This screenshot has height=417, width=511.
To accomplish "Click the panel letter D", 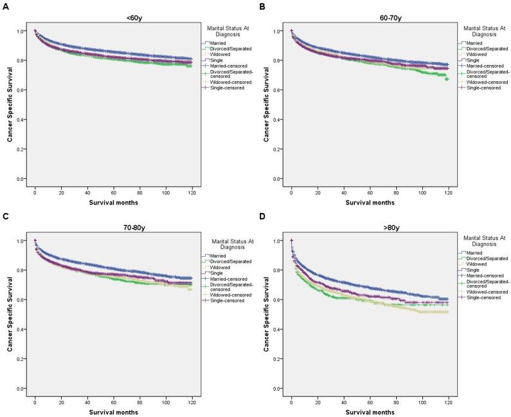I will tap(262, 216).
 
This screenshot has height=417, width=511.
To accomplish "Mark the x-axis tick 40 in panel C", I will tap(87, 402).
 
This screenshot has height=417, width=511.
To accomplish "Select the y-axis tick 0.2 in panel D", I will tap(278, 359).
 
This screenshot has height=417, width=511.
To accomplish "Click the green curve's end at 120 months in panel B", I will tap(447, 79).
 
